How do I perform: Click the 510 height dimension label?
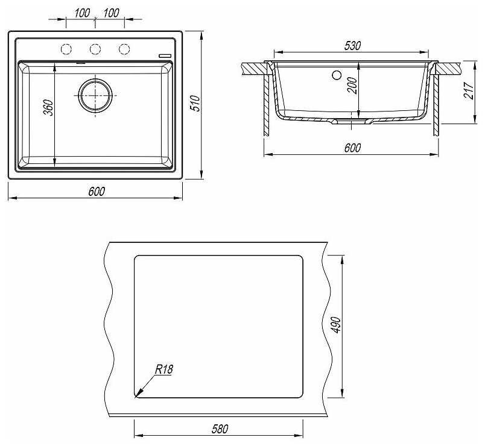coord(196,104)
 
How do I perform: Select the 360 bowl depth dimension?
coord(48,107)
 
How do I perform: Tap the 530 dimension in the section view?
coord(352,45)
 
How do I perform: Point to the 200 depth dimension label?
coord(352,86)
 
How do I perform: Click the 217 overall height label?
coord(469,90)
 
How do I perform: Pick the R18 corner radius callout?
coord(163,369)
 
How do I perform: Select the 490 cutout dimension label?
coord(336,325)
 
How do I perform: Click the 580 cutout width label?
coord(220,429)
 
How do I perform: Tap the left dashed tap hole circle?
coord(66,49)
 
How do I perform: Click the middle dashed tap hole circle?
coord(95,49)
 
